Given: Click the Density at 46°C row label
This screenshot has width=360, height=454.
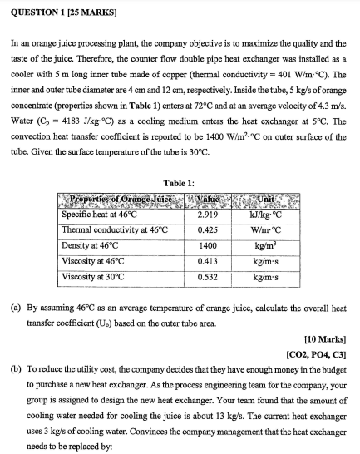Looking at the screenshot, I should pos(91,244).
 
